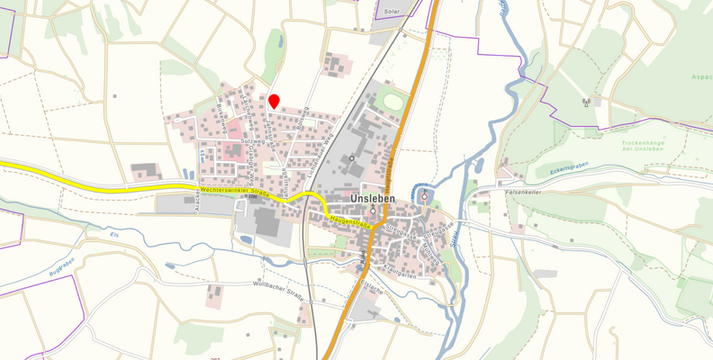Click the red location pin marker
(x=275, y=102)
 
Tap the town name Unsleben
(x=375, y=198)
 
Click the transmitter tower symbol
(x=585, y=101)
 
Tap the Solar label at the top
(x=391, y=12)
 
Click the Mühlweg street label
(x=434, y=255)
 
